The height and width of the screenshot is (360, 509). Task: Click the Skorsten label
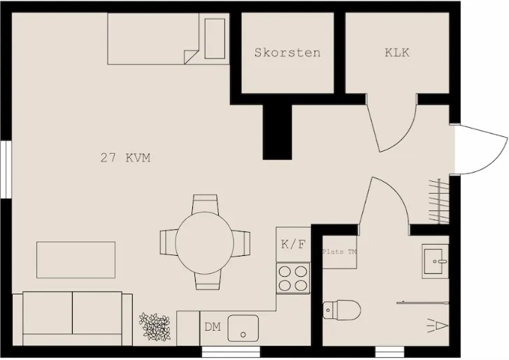(x=287, y=52)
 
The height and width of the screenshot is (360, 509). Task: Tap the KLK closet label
(x=396, y=52)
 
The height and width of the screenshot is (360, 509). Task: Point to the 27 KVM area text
(x=125, y=158)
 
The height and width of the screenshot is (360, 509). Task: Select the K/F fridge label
(x=293, y=245)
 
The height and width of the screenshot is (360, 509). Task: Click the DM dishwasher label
(x=213, y=326)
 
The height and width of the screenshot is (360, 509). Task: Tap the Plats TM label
(x=339, y=252)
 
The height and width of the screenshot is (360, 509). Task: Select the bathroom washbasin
(x=436, y=261)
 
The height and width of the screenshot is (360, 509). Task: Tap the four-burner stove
(x=293, y=278)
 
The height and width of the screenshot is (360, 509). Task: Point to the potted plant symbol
(x=155, y=326)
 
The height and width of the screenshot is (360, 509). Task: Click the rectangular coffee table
(x=76, y=259)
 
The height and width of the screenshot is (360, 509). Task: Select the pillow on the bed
(x=215, y=38)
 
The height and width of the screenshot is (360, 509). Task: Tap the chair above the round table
(x=206, y=203)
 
